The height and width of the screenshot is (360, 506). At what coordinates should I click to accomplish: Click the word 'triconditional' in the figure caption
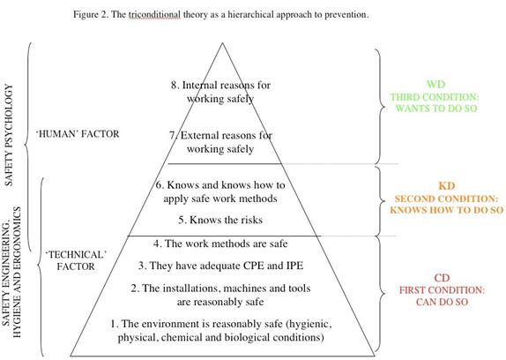tap(154, 15)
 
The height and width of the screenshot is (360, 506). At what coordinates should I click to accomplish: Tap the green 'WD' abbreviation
tap(435, 85)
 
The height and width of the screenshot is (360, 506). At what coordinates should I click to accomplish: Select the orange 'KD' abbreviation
tap(447, 186)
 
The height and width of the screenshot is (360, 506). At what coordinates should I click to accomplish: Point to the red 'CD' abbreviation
tap(442, 278)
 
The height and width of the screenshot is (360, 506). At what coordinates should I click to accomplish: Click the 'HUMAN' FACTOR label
tap(78, 133)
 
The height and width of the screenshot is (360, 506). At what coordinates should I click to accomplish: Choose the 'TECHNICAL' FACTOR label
tap(76, 260)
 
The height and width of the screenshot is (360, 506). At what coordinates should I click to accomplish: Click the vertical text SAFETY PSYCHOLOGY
tap(9, 135)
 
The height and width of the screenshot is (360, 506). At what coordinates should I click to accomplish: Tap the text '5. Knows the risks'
tap(220, 220)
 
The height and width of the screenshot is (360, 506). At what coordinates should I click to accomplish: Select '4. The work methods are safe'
tap(220, 244)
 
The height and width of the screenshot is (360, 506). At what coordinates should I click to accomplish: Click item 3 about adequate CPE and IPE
tap(220, 266)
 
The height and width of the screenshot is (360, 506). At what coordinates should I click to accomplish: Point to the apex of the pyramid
tap(222, 43)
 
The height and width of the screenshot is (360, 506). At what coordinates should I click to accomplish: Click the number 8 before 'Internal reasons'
tap(175, 86)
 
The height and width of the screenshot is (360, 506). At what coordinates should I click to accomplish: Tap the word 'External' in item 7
tap(203, 135)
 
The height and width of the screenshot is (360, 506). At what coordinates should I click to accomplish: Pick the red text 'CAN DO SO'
tap(442, 303)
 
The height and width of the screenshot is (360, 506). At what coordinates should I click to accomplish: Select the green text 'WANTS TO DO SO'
tap(436, 109)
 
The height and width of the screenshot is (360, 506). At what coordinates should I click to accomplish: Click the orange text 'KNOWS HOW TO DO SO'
tap(447, 210)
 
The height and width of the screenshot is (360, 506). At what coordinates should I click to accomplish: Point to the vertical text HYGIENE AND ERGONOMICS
tap(17, 272)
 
